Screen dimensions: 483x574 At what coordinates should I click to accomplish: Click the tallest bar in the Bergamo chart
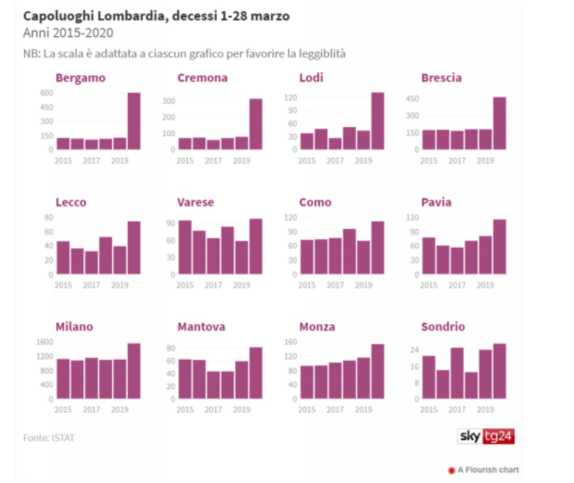134,121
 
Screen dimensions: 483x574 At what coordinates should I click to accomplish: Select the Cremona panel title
203,78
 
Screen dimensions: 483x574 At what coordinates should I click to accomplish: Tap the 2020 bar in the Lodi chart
378,121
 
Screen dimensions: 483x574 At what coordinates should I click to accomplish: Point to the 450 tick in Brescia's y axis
412,99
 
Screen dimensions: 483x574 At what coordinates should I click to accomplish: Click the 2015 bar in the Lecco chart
63,258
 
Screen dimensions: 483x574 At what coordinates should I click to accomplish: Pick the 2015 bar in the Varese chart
185,247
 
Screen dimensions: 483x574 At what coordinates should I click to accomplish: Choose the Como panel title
315,202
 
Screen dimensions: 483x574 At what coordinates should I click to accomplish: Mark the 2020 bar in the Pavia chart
500,247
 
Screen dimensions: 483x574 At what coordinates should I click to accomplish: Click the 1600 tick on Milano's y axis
45,342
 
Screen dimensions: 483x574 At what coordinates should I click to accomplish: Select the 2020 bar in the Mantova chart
256,373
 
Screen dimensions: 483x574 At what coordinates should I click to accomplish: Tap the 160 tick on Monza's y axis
291,342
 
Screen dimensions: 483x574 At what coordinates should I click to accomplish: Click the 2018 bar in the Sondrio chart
471,385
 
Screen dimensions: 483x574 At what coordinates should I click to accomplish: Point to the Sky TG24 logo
486,436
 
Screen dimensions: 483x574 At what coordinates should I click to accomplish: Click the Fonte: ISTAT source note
49,438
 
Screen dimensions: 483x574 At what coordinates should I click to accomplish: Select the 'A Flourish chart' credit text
488,470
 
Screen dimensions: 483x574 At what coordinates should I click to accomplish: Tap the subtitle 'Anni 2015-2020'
68,33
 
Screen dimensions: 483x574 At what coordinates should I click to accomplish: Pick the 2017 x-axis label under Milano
91,410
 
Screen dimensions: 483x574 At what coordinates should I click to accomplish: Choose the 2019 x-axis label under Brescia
485,161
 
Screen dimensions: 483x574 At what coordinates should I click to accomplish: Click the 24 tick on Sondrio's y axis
415,350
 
